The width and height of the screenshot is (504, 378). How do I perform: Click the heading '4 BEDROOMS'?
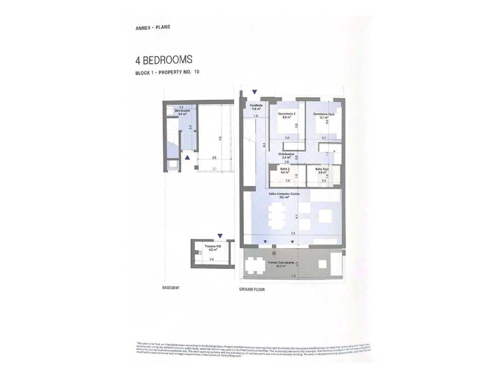tap(164, 60)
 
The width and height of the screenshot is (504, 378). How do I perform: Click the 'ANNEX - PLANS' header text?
tap(152, 28)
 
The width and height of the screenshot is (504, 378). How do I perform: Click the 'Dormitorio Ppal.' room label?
tap(324, 115)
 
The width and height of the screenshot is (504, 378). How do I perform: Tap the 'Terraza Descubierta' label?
tap(281, 264)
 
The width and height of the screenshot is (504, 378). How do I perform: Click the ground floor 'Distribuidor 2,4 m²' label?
tap(286, 156)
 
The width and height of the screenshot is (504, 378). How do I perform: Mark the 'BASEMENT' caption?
tap(171, 288)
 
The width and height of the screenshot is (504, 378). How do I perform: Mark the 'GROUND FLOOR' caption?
tap(252, 289)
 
